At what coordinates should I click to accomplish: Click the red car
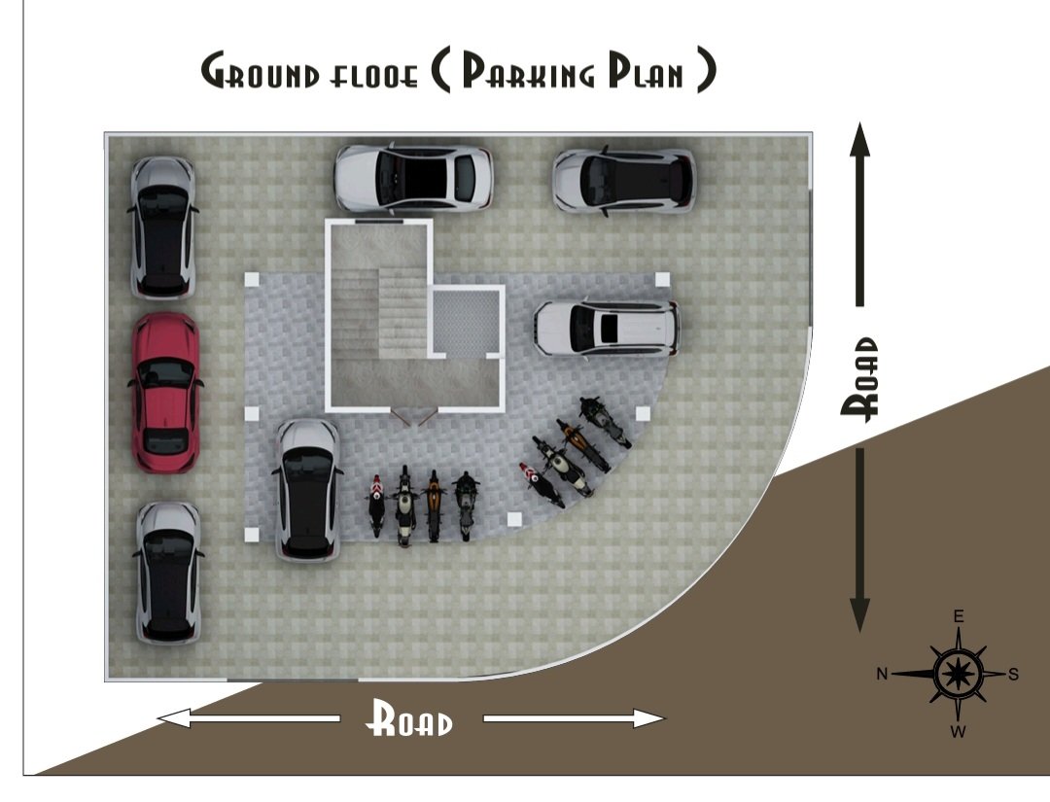(x=164, y=393)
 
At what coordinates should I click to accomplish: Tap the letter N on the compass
(x=882, y=674)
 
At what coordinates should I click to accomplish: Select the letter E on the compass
(x=959, y=616)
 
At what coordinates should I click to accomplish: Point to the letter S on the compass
(x=1013, y=674)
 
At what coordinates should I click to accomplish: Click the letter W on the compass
(x=959, y=731)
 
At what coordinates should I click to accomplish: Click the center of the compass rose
(x=959, y=674)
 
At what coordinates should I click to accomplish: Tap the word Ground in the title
(x=261, y=71)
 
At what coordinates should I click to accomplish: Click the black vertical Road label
(x=859, y=379)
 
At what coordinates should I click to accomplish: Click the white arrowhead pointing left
(x=174, y=719)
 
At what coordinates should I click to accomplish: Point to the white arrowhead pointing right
(x=648, y=719)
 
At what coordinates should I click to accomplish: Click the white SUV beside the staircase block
(x=607, y=328)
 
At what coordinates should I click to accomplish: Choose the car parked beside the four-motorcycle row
(x=309, y=490)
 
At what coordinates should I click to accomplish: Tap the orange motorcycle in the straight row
(x=434, y=506)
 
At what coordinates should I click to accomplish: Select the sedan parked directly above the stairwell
(x=413, y=178)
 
